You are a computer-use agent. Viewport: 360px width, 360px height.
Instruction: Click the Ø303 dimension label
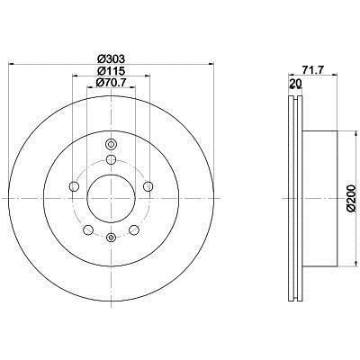[112, 58]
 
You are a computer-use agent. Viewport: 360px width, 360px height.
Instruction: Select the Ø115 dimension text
[112, 71]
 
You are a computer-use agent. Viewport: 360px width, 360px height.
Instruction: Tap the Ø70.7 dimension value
[112, 82]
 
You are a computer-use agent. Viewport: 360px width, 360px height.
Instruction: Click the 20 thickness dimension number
[295, 84]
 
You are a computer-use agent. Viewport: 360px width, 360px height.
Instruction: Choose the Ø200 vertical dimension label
[352, 199]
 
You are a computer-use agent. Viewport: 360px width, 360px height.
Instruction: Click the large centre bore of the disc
[111, 198]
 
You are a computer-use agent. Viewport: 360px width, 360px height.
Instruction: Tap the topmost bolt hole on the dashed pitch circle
[111, 159]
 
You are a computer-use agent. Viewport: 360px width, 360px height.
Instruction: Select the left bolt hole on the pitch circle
[74, 186]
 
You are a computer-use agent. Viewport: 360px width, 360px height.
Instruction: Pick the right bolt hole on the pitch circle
[148, 186]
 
